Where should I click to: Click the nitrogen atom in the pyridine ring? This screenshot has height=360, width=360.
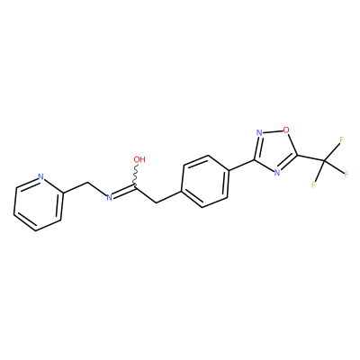click(41, 176)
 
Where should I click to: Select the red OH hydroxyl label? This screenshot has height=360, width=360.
click(139, 159)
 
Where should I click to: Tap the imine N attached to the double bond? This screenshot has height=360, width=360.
click(110, 197)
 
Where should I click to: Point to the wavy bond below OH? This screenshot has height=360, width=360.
click(136, 175)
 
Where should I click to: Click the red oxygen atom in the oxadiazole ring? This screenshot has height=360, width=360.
click(286, 130)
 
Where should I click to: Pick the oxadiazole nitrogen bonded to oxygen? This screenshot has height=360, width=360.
click(260, 132)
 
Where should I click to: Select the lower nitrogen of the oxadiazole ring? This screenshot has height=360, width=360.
click(277, 172)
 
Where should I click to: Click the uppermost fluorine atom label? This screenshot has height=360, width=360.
click(341, 139)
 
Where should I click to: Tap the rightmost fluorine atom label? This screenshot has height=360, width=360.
click(346, 174)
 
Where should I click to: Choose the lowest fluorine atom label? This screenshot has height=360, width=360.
click(313, 184)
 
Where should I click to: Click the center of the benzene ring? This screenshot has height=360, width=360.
click(205, 181)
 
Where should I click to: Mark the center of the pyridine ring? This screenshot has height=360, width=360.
click(38, 203)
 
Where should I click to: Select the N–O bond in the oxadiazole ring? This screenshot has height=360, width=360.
click(273, 131)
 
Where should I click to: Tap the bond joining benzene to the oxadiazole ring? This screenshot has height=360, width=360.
click(242, 166)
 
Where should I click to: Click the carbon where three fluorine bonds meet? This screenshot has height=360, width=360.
click(324, 162)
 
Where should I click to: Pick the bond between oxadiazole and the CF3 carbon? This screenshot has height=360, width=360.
click(310, 159)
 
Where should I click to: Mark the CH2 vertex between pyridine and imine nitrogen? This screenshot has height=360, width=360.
click(87, 182)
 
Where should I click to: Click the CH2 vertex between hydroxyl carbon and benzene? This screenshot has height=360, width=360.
click(157, 202)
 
